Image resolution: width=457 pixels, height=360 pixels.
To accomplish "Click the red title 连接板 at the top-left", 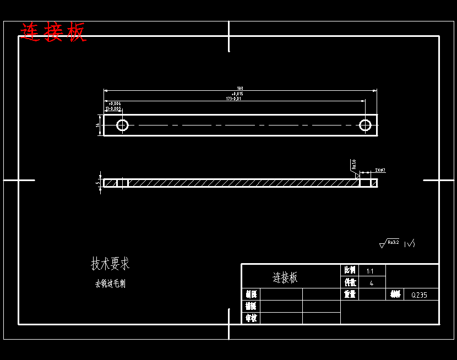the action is (x=53, y=32).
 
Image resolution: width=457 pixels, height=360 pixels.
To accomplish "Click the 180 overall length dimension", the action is (x=240, y=89).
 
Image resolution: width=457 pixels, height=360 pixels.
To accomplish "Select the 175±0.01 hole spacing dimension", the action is (x=234, y=99).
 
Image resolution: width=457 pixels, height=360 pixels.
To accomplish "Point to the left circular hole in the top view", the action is (x=122, y=126).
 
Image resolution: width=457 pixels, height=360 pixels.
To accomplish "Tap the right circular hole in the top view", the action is (x=365, y=126).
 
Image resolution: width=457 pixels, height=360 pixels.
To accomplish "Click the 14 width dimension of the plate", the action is (x=97, y=126).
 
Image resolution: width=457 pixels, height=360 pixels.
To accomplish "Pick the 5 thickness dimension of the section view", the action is (x=97, y=183).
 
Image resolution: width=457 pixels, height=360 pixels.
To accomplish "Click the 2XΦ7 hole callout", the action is (x=380, y=171).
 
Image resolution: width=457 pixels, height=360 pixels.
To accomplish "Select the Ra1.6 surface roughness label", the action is (x=353, y=163).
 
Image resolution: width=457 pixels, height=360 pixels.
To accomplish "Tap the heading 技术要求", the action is (x=110, y=264).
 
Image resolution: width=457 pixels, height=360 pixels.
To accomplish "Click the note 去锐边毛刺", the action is (x=110, y=284).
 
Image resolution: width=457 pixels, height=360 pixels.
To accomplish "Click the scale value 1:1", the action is (x=370, y=271).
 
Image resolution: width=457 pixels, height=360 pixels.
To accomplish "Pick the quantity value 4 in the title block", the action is (x=371, y=283).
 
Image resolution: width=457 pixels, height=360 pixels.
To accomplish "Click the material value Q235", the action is (x=419, y=295).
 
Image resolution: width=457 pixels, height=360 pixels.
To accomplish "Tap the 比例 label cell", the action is (x=350, y=271).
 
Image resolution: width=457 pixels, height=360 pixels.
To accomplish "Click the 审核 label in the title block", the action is (x=251, y=318).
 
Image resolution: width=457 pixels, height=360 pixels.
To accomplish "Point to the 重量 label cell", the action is (x=350, y=294).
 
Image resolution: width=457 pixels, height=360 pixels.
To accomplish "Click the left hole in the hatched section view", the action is (x=122, y=183).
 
